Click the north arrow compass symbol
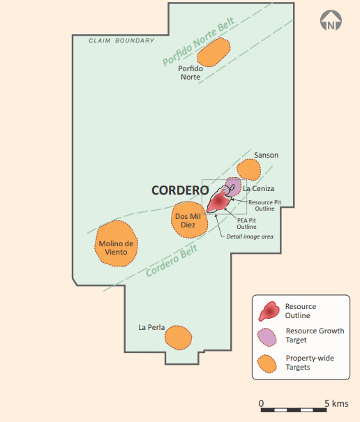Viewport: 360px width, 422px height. [x=331, y=20]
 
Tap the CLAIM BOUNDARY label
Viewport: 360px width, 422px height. [x=121, y=40]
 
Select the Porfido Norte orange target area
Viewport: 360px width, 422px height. [x=214, y=52]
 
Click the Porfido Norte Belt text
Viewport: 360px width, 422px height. [x=199, y=41]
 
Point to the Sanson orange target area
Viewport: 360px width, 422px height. [x=249, y=169]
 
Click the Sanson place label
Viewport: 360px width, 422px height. [x=267, y=155]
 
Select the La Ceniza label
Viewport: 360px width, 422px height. [x=259, y=188]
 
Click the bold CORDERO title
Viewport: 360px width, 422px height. [x=180, y=190]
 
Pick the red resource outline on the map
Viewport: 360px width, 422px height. [x=218, y=202]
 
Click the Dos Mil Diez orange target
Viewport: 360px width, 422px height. [x=189, y=220]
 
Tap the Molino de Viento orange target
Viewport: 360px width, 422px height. [x=116, y=243]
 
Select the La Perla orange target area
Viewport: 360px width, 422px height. [x=178, y=338]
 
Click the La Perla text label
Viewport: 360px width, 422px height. [x=151, y=327]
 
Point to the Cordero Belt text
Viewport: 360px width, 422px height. [x=172, y=260]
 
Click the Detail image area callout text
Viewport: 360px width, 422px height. [x=250, y=236]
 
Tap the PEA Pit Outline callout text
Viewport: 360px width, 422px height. [x=247, y=223]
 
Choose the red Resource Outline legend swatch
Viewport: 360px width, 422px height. [x=269, y=311]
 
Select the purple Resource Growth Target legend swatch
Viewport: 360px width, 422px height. [x=267, y=337]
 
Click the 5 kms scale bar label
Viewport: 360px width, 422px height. [x=336, y=403]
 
